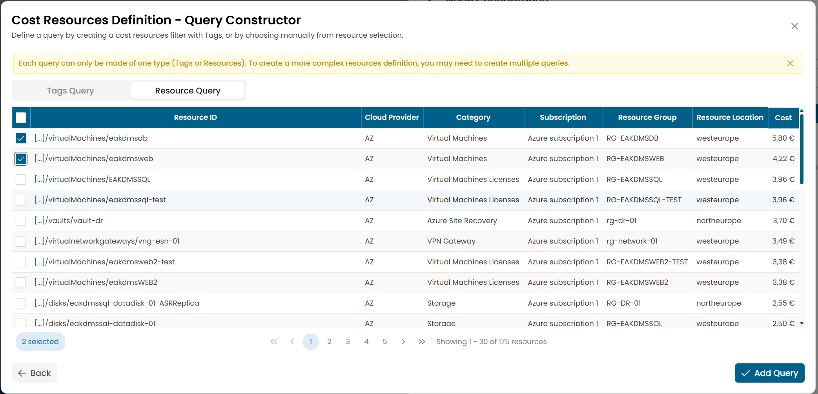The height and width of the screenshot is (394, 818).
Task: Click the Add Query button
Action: tap(769, 373)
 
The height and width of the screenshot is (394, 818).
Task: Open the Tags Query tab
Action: tap(71, 91)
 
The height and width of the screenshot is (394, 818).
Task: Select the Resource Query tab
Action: tap(188, 91)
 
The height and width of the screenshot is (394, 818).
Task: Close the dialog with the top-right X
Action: tap(794, 26)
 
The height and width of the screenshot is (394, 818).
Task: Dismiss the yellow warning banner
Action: tap(790, 63)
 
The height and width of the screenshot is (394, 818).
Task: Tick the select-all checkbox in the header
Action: tap(21, 117)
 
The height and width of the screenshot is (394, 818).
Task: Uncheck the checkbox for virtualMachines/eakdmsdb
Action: tap(21, 138)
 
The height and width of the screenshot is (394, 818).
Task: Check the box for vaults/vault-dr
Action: tap(21, 221)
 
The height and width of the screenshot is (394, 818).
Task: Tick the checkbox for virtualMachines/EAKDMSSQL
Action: tap(21, 180)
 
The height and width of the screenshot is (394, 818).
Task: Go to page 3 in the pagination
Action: tap(348, 342)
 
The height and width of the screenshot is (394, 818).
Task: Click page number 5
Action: tap(385, 342)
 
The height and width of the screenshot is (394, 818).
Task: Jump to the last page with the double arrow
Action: tap(422, 342)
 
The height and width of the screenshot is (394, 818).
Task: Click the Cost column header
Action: tap(783, 117)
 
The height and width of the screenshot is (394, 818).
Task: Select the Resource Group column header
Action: tap(647, 117)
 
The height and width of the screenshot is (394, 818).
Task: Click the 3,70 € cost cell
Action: tap(783, 221)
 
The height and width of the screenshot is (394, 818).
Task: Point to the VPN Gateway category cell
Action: tap(451, 241)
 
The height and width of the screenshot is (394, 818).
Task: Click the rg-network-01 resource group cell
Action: tap(632, 241)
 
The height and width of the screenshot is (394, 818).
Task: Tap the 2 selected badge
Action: tap(40, 342)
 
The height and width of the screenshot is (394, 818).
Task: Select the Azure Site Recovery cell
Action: tap(462, 221)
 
